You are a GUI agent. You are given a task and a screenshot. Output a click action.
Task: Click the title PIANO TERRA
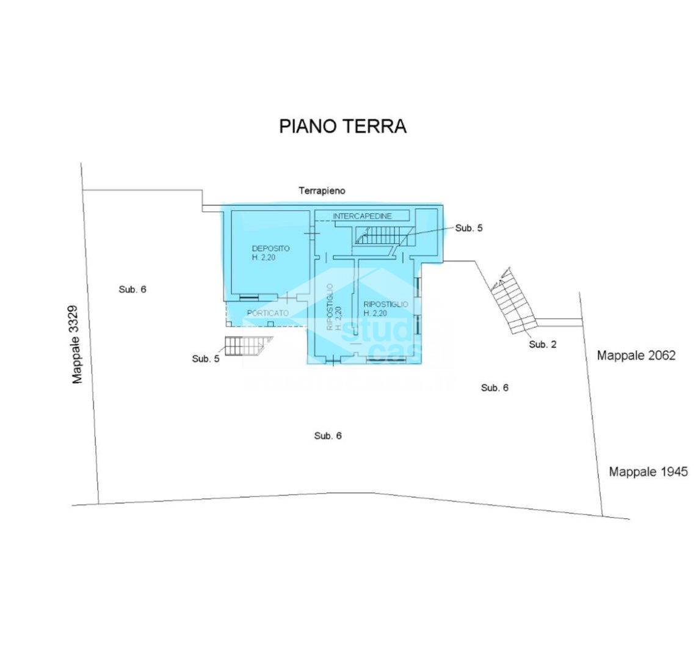[x=342, y=126]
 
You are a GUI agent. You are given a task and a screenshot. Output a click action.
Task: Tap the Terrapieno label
[x=322, y=191]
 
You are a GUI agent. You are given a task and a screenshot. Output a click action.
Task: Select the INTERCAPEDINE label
[x=362, y=216]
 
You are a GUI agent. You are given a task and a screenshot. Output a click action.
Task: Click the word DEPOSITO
[x=270, y=249]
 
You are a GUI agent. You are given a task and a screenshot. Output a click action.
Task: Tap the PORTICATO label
[x=267, y=313]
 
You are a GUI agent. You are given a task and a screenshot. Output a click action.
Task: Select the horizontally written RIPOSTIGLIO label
[x=386, y=304]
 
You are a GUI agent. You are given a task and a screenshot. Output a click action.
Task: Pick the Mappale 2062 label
[x=636, y=355]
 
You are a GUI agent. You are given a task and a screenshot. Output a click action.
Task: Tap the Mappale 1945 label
[x=648, y=472]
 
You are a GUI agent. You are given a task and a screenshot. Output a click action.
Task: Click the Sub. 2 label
[x=542, y=345]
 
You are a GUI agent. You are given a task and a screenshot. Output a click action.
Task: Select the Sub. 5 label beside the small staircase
[x=205, y=359]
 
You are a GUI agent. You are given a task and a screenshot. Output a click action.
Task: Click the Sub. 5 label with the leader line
[x=469, y=228]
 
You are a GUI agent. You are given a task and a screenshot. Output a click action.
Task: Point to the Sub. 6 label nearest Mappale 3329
[x=132, y=290]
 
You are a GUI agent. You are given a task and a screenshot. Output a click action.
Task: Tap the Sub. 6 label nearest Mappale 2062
[x=494, y=387]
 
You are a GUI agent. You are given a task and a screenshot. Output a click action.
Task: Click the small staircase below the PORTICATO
[x=243, y=346]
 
